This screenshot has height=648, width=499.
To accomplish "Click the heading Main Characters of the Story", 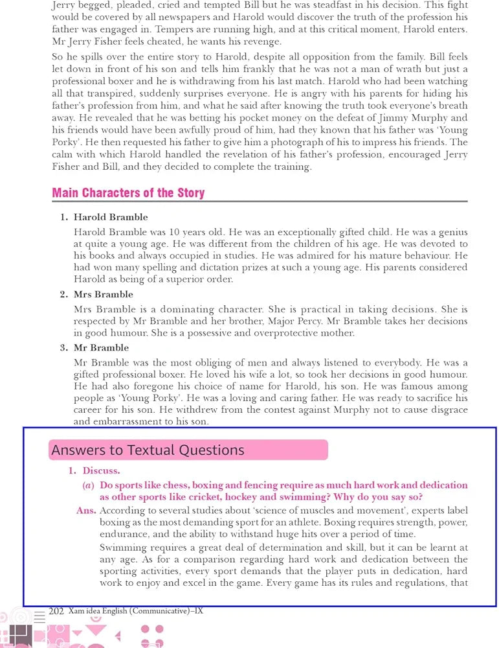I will pyautogui.click(x=128, y=192).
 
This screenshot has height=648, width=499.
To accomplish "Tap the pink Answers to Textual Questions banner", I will pyautogui.click(x=188, y=450).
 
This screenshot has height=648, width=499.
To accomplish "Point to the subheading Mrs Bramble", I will pyautogui.click(x=104, y=294).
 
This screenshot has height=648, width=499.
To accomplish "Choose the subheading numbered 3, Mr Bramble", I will pyautogui.click(x=101, y=347).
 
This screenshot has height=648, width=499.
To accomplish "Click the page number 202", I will pyautogui.click(x=56, y=610).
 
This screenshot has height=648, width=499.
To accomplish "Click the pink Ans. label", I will pyautogui.click(x=86, y=511).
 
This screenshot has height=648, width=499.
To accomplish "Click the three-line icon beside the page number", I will pyautogui.click(x=40, y=612).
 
